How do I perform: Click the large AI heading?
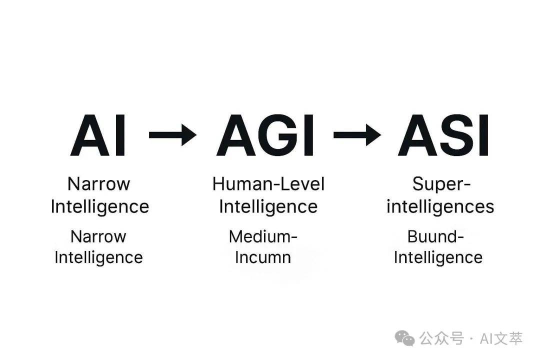98,135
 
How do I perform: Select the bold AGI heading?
265,135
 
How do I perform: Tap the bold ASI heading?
443,135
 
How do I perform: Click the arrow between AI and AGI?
172,134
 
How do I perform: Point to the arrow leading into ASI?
357,134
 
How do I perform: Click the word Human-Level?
268,184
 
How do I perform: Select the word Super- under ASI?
441,185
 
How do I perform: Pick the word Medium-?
263,236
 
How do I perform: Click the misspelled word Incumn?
263,257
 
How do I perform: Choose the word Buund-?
435,236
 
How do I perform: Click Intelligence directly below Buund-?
438,258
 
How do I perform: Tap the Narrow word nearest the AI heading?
99,184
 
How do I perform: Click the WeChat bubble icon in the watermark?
404,338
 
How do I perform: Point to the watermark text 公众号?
441,338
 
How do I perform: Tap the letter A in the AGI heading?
235,135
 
